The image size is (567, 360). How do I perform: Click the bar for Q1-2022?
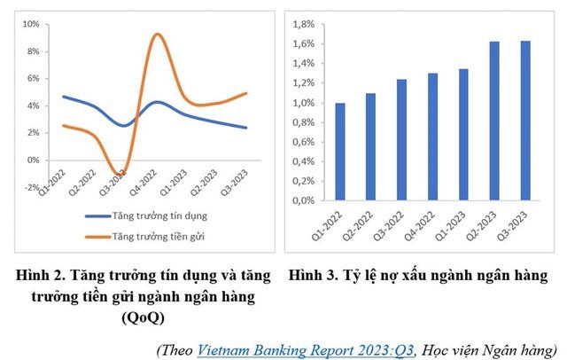(340, 152)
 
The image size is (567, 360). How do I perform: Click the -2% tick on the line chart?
(31, 188)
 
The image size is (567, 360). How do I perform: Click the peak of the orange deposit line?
(157, 35)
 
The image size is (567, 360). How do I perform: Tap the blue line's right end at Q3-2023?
(246, 128)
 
